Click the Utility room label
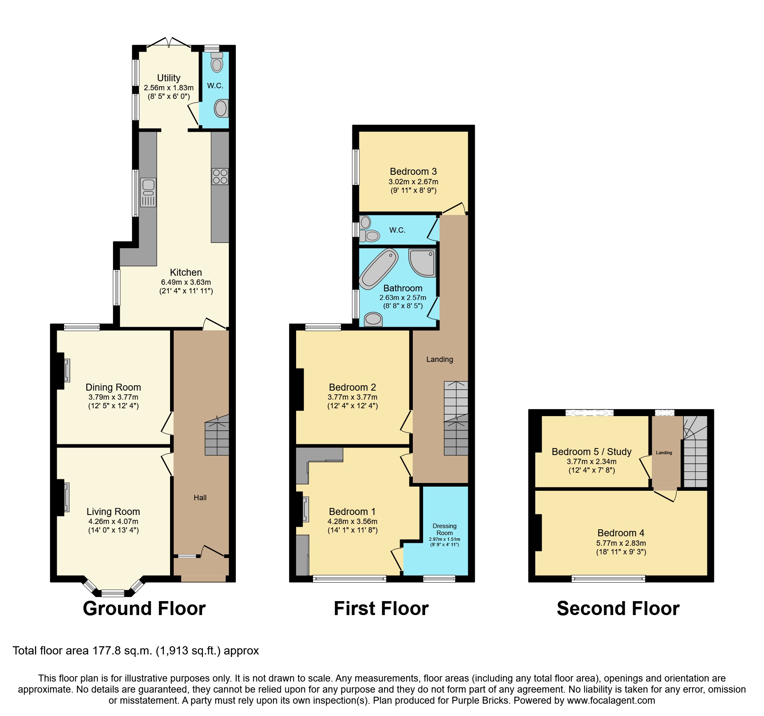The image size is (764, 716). coord(168,78)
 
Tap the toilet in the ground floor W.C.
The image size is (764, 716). coord(217,62)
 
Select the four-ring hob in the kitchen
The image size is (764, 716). coord(220,176)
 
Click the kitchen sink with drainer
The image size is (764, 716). coord(148,192)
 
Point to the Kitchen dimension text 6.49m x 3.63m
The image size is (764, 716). coord(186,282)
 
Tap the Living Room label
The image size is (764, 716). coord(113,512)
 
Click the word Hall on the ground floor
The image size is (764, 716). coord(200,498)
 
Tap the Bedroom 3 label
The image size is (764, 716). coord(413,172)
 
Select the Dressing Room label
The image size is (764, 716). coord(444,529)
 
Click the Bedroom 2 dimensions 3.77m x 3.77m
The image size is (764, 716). coord(352,397)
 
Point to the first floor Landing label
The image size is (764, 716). coord(440,359)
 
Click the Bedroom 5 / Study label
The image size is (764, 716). coord(591,452)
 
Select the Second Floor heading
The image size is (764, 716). coord(618,608)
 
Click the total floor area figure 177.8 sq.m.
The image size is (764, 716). coord(122,651)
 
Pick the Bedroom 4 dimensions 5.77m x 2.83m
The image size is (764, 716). coord(621,543)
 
